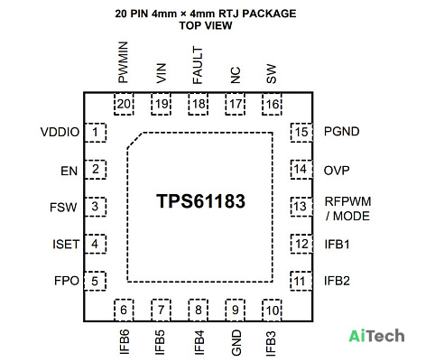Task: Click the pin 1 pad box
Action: (95, 133)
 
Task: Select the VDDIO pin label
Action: (60, 132)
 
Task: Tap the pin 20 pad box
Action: (124, 104)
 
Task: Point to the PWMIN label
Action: (123, 62)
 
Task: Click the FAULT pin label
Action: (198, 65)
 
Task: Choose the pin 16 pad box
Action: (272, 104)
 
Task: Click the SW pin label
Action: (271, 74)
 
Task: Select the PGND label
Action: (341, 132)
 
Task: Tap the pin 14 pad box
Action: (301, 170)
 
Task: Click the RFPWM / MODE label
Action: (347, 209)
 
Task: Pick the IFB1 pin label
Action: (337, 244)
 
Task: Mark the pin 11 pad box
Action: (301, 281)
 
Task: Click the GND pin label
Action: (236, 343)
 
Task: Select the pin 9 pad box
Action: (236, 310)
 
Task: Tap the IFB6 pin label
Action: (125, 341)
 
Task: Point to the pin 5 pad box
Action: (95, 281)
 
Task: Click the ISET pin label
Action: (66, 244)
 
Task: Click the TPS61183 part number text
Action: (200, 201)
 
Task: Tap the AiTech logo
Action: (376, 336)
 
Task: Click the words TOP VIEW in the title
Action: (206, 25)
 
